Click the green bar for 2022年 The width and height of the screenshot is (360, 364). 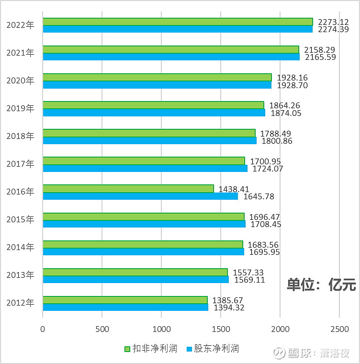(178, 22)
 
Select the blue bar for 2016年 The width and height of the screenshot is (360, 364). (140, 196)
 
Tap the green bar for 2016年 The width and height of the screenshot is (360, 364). (128, 189)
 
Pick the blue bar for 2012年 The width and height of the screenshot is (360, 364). (125, 307)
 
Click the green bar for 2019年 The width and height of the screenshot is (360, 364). (153, 105)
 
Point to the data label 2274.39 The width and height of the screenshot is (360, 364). (334, 30)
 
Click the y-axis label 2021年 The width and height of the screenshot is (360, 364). (21, 53)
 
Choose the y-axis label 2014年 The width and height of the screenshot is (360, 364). (21, 248)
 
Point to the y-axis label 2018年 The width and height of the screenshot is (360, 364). (21, 136)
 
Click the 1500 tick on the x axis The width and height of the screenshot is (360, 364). (221, 330)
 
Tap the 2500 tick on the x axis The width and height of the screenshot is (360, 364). (339, 330)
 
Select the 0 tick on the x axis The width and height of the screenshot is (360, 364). (43, 330)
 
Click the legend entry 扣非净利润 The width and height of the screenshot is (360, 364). (150, 349)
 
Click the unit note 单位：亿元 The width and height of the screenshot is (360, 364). (321, 284)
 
